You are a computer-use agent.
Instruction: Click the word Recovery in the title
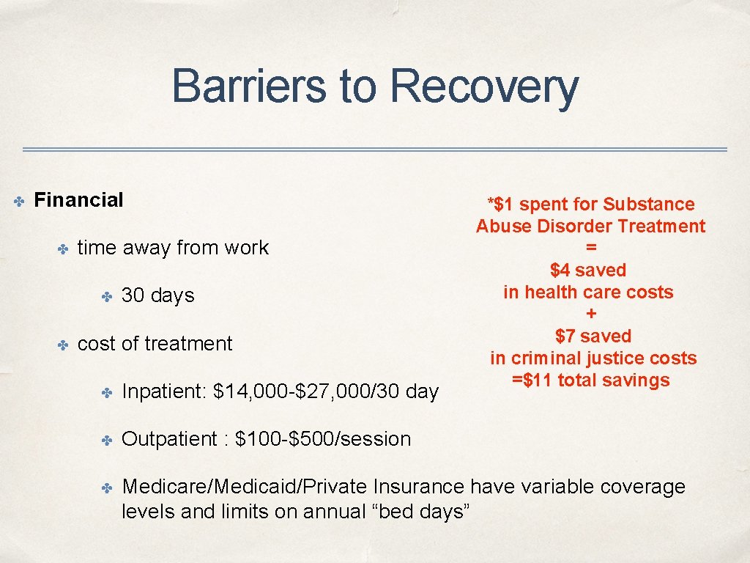484,87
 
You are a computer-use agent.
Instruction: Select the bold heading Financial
78,200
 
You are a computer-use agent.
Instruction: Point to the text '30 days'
157,295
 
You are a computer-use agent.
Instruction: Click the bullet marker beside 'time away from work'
63,249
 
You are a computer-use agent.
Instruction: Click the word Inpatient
164,391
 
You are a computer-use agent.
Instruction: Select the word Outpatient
170,439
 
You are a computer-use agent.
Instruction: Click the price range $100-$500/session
323,439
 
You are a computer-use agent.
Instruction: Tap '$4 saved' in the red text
588,271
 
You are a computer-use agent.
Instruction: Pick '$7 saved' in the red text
593,336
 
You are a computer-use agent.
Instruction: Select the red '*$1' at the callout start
502,205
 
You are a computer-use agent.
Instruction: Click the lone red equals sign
591,249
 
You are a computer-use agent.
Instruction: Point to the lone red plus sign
591,314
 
